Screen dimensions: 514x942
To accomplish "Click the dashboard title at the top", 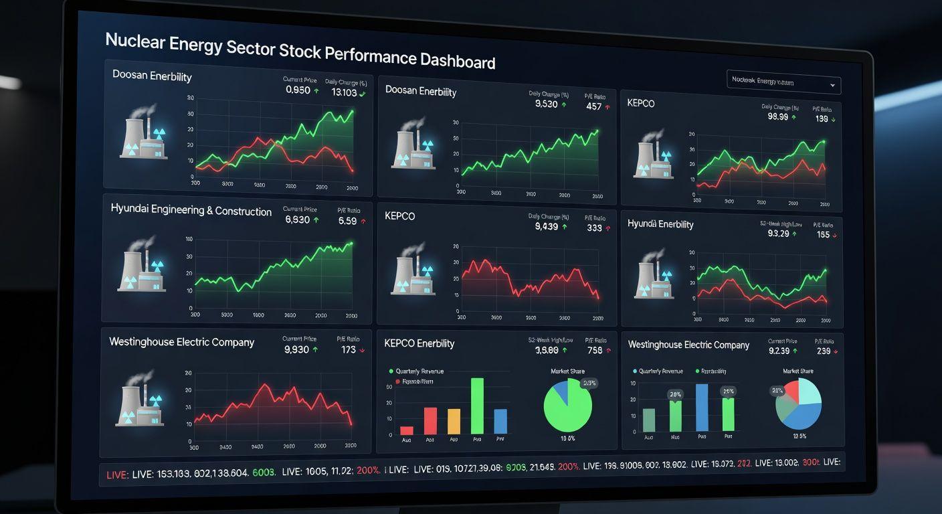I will click(x=300, y=51).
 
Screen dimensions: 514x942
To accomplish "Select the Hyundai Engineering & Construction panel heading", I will click(x=191, y=210).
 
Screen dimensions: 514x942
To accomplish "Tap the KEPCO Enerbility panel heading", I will click(x=419, y=343).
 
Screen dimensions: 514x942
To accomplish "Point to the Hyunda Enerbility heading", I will click(x=660, y=224).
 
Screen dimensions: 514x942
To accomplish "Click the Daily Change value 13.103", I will click(x=345, y=92).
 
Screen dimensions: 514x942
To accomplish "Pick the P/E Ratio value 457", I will click(x=593, y=106).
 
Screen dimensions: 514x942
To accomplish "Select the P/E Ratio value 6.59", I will click(x=348, y=220).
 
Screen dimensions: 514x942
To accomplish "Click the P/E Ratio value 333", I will click(x=594, y=228).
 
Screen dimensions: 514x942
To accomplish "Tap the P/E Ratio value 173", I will click(x=348, y=349).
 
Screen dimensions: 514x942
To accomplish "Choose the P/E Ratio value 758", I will click(x=594, y=350).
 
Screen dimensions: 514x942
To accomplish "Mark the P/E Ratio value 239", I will click(x=823, y=351).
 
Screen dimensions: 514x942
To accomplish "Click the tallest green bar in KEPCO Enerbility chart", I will click(x=477, y=406).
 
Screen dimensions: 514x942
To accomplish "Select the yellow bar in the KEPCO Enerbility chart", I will click(x=454, y=421).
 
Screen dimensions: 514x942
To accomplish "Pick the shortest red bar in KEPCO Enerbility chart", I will click(x=407, y=430).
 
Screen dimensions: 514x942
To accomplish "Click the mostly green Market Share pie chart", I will click(x=567, y=406).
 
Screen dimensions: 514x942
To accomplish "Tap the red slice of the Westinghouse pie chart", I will click(x=791, y=390).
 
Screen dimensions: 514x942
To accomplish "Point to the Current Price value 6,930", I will click(x=297, y=220).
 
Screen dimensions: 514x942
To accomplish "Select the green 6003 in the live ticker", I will click(x=264, y=473).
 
